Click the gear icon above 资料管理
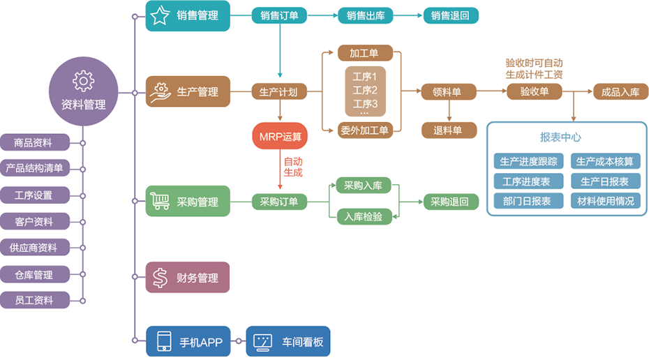(83, 81)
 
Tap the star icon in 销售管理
(161, 15)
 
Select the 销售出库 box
(365, 15)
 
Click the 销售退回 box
(451, 15)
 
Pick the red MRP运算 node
(281, 136)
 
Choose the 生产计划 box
(279, 91)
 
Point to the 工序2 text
(365, 91)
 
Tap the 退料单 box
(448, 130)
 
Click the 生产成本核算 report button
(605, 162)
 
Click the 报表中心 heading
(560, 137)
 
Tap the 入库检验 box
(363, 217)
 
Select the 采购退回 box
(450, 202)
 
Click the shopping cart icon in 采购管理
(161, 202)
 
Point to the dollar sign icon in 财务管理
(161, 278)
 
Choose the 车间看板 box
(288, 342)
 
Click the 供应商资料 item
(35, 248)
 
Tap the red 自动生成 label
(293, 167)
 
